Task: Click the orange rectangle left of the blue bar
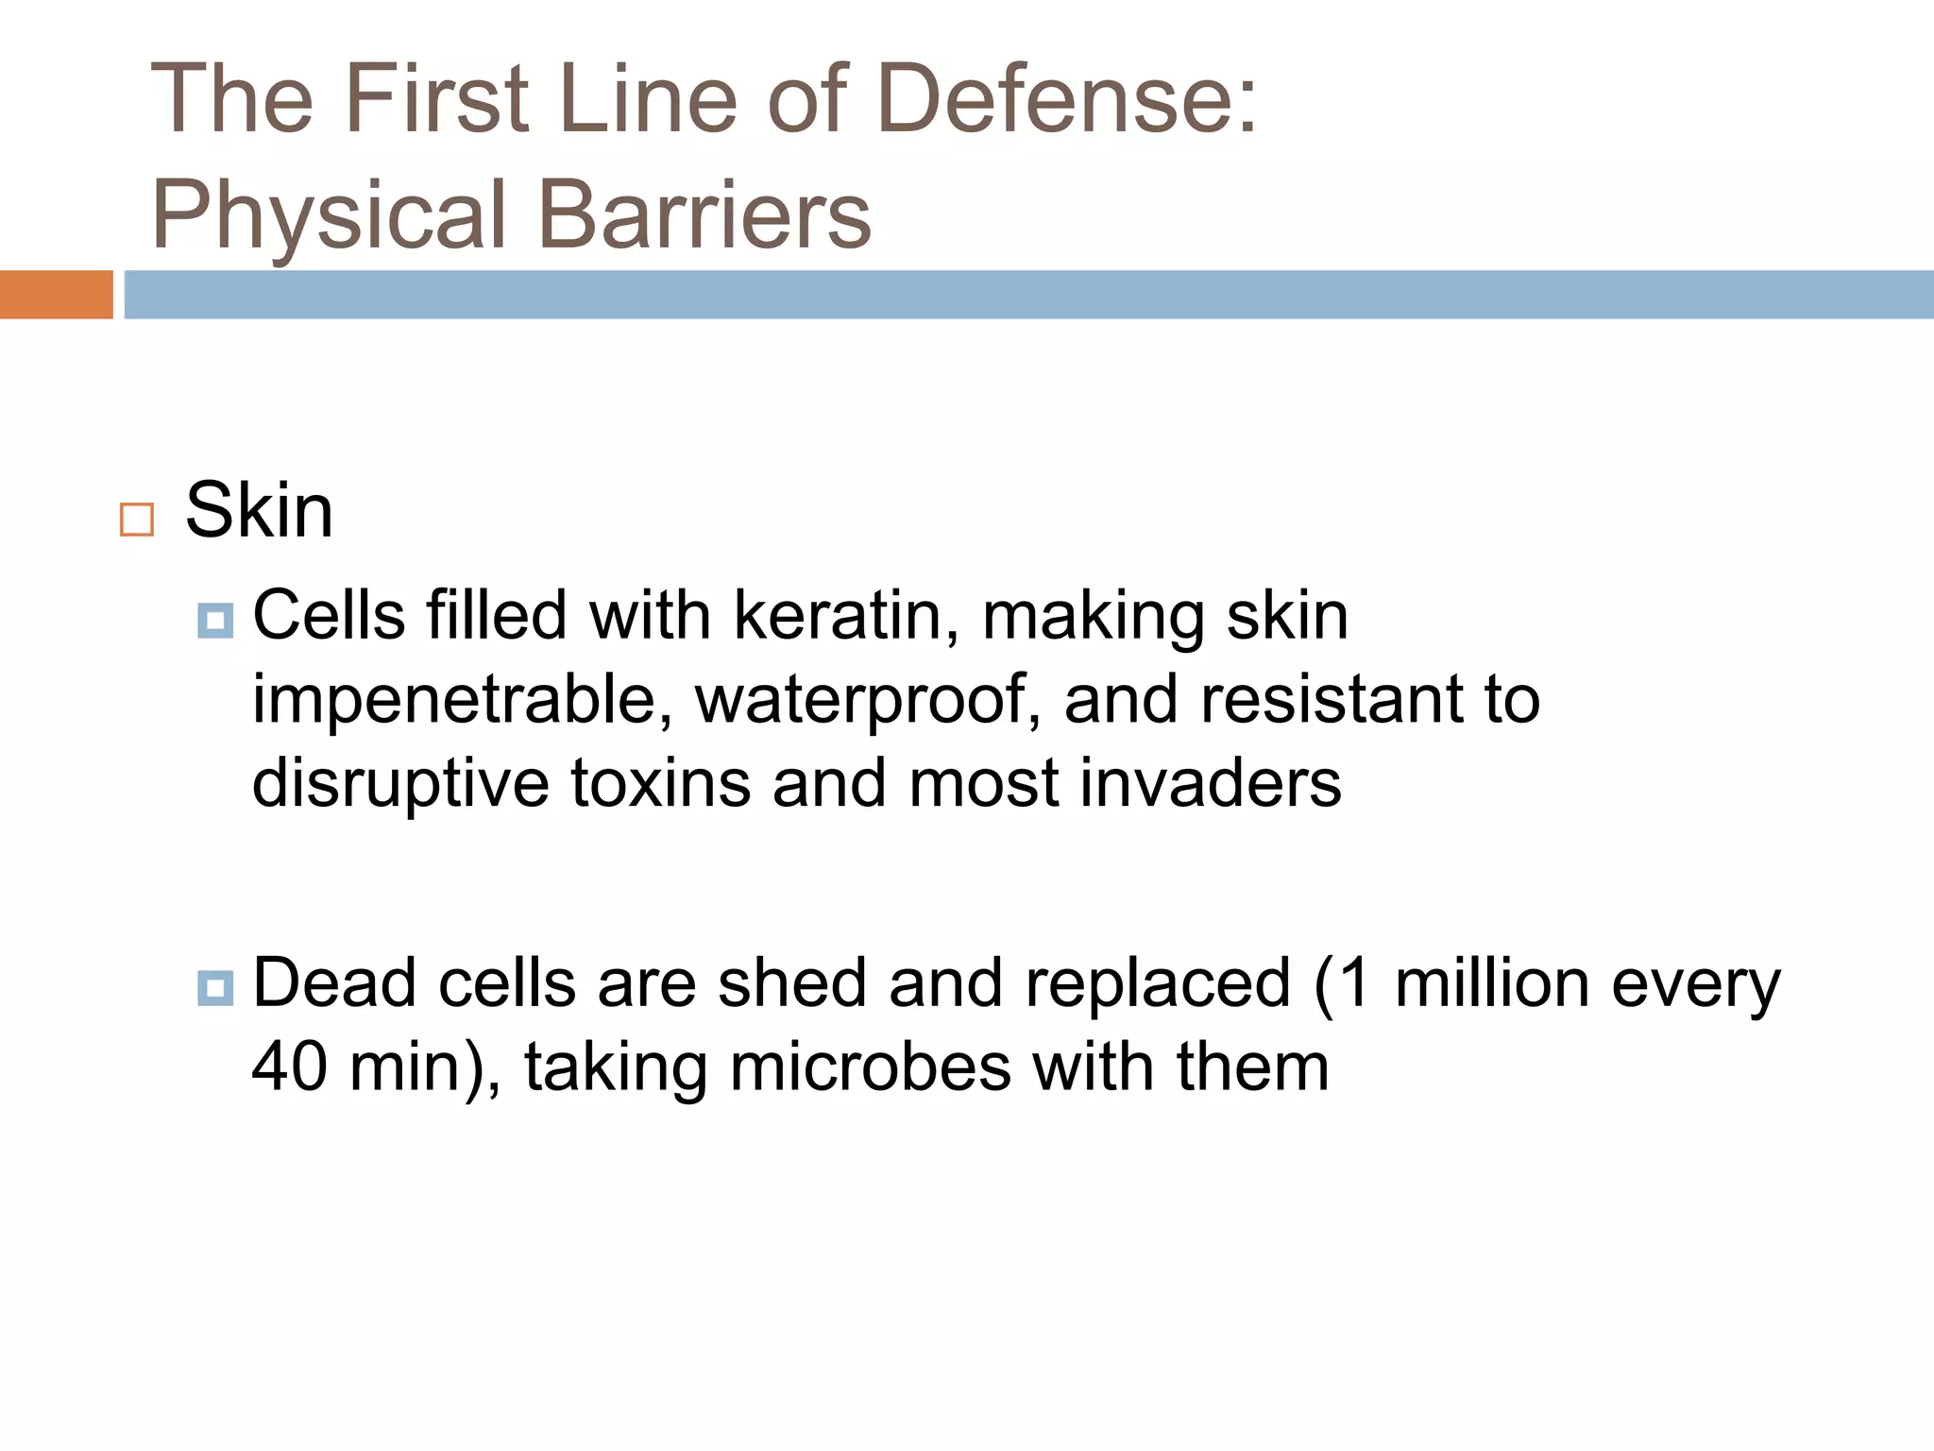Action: tap(56, 295)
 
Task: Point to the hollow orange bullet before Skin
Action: tap(137, 520)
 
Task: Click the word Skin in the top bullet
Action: tap(259, 511)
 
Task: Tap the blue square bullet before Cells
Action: tap(215, 621)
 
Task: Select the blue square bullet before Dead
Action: tap(215, 988)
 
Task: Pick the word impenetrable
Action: tap(463, 701)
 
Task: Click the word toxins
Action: tap(660, 784)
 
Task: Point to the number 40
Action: tap(289, 1067)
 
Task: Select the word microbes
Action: tap(870, 1067)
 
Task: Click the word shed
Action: tap(791, 983)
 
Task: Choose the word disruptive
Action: tap(400, 784)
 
